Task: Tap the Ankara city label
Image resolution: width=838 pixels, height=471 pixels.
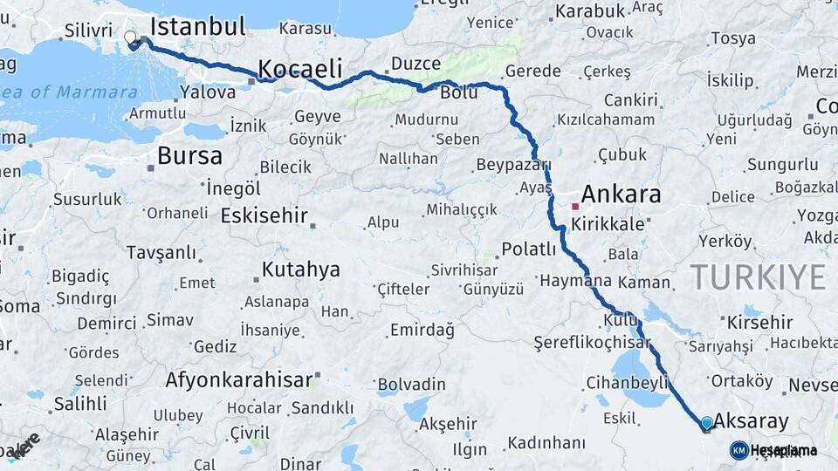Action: point(621,194)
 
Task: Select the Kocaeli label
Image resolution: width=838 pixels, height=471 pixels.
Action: point(299,69)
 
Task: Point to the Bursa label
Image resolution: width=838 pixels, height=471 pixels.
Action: point(189,156)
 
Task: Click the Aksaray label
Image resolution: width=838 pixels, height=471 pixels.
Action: point(751,421)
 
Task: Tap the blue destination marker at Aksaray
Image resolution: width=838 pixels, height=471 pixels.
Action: point(706,423)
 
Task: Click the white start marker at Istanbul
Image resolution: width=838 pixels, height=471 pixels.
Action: point(131,38)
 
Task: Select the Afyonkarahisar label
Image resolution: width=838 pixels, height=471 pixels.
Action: point(238,380)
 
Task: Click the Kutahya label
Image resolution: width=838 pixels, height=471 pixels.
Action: point(300,269)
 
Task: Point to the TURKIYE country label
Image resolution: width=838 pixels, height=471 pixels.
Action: point(758,277)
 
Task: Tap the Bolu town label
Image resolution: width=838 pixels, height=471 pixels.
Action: point(458,92)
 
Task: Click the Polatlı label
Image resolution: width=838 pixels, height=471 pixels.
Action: point(528,249)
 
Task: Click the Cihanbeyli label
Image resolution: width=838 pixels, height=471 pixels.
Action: point(626,382)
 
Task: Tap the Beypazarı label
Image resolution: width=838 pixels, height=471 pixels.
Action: point(513,165)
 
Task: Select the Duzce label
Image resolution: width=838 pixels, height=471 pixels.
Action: point(415,64)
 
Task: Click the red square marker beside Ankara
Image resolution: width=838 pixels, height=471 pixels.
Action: point(574,207)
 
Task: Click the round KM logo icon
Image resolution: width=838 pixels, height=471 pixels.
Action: point(738,450)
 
